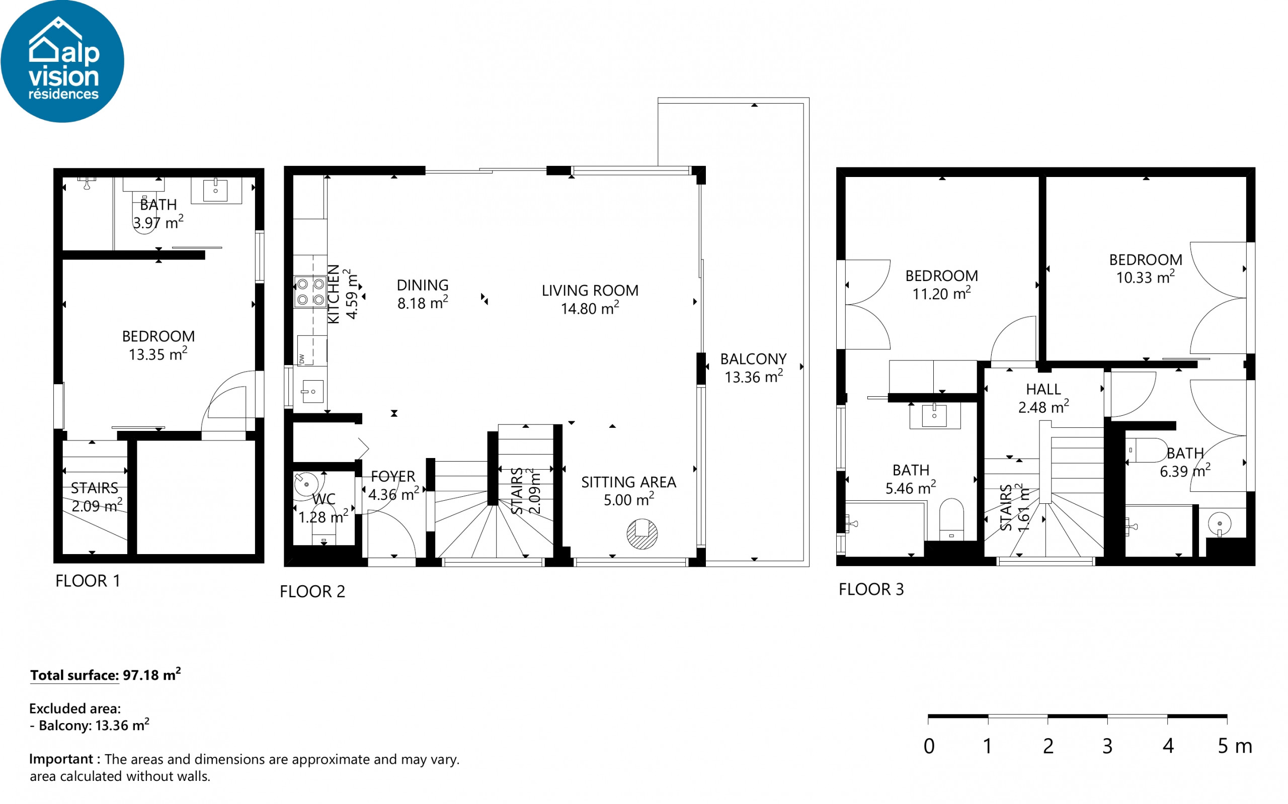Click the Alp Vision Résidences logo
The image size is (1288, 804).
point(62,61)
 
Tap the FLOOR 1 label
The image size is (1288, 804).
point(88,581)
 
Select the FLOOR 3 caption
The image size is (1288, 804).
point(871,590)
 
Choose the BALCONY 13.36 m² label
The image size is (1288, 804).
point(753,368)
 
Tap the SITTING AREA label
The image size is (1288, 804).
point(628,482)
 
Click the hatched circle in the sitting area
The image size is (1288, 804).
point(642,533)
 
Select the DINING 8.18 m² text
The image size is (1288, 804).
point(423,294)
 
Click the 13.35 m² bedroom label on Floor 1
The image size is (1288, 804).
point(158,354)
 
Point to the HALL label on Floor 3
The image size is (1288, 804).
point(1043,390)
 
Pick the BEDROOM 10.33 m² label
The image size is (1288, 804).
point(1146,269)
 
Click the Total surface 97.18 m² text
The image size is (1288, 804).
point(105,675)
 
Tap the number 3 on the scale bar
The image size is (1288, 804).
point(1107,747)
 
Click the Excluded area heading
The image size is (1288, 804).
point(75,709)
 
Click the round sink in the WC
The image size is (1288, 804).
point(306,484)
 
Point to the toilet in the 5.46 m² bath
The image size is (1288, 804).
point(951,519)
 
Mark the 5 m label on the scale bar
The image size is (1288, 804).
point(1235,747)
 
